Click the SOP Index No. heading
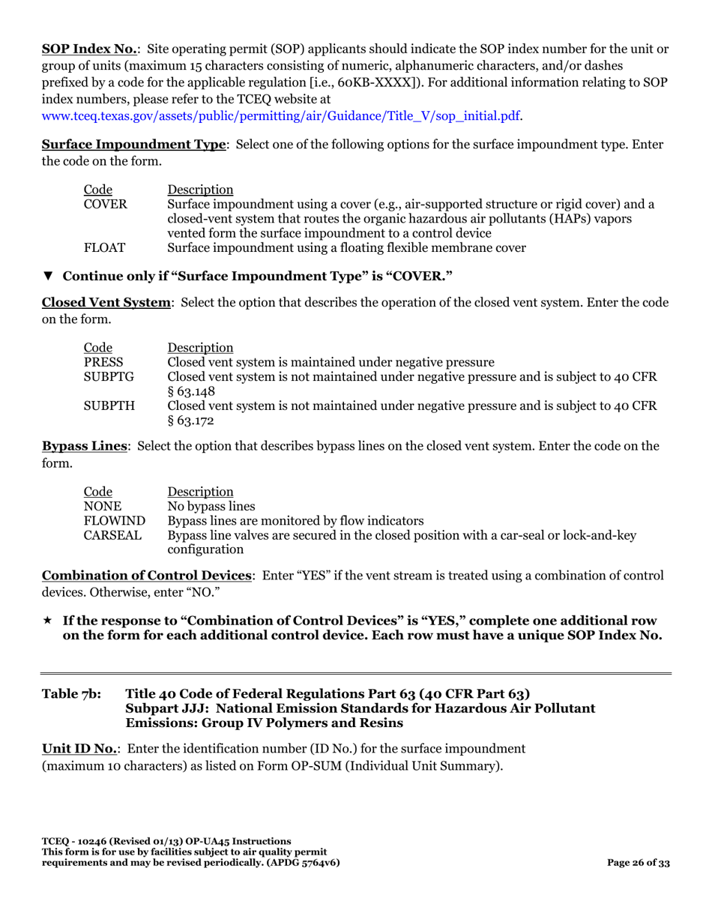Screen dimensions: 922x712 89,49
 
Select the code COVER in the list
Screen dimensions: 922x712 105,204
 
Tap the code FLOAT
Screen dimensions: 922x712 104,247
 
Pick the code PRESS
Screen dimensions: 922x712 103,362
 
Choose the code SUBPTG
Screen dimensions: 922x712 109,376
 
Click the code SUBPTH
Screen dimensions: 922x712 109,406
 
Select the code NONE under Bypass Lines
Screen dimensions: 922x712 102,506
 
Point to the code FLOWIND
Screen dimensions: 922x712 114,520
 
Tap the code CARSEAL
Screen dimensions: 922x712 112,535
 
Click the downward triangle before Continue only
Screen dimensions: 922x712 48,276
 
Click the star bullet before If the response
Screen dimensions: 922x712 47,621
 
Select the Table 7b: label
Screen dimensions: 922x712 71,693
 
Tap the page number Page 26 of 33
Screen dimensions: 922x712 638,863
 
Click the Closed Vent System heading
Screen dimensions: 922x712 106,303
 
